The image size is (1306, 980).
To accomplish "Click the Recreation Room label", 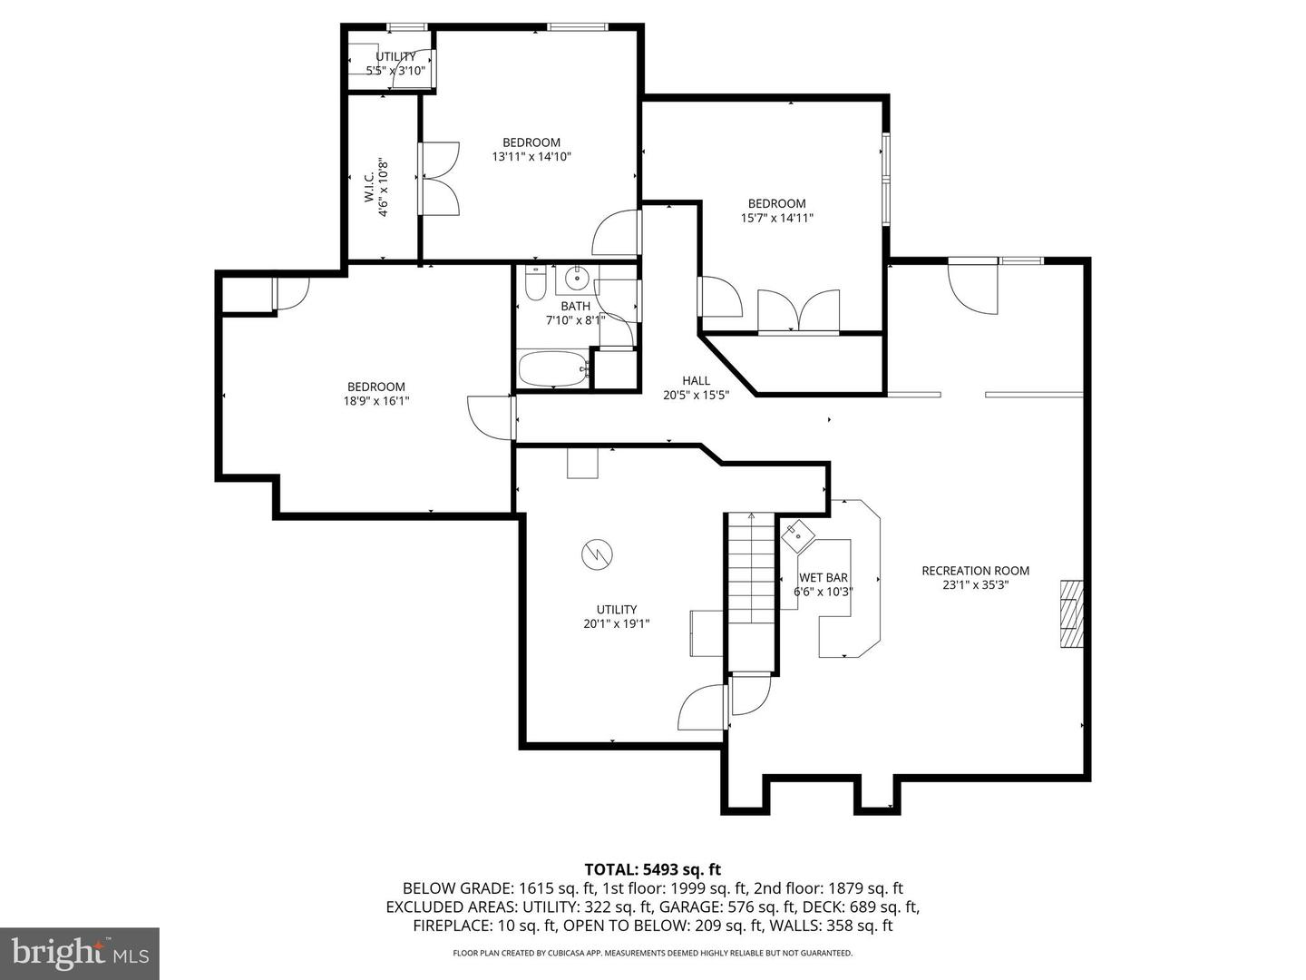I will (975, 571).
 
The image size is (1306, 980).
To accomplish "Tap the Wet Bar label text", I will (824, 577).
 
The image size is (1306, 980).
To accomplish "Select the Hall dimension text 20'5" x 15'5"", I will (697, 395).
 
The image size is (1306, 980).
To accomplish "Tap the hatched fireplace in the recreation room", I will (1072, 614).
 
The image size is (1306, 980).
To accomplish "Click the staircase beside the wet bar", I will (751, 590).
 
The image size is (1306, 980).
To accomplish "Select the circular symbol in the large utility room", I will (598, 554).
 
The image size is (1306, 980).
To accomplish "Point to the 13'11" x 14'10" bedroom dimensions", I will (531, 156).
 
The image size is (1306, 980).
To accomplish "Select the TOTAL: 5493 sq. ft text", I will (652, 869).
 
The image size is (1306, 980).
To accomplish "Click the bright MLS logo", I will (79, 953).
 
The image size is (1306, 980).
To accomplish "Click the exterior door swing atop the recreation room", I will (972, 286).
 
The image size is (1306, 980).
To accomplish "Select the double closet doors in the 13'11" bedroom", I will (441, 178).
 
